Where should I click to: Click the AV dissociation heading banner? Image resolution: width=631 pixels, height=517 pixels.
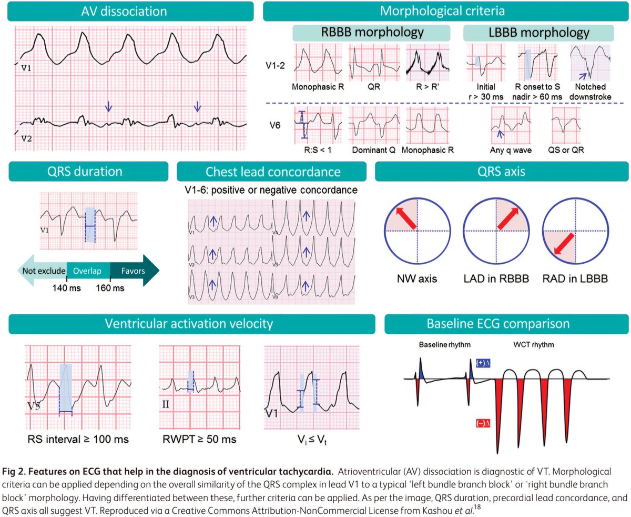[x=128, y=11]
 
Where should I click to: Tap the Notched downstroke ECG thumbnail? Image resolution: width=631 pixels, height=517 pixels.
[x=591, y=62]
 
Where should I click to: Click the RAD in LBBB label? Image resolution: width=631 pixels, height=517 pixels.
[x=575, y=277]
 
